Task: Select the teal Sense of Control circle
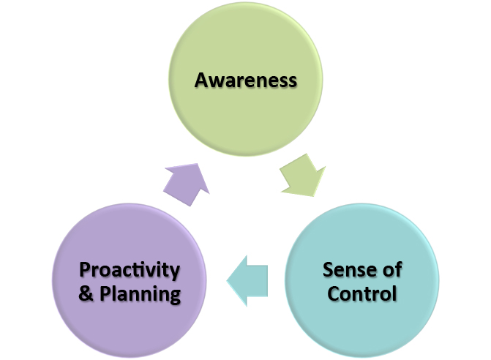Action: (361, 281)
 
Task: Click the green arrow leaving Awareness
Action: (302, 176)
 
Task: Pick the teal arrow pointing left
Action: (249, 280)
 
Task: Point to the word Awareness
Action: (246, 79)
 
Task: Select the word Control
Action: (362, 294)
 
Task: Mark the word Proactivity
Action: (129, 270)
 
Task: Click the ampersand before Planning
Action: (84, 295)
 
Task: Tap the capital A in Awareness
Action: (202, 79)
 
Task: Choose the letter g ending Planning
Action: (174, 297)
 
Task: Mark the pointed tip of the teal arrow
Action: (228, 280)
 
